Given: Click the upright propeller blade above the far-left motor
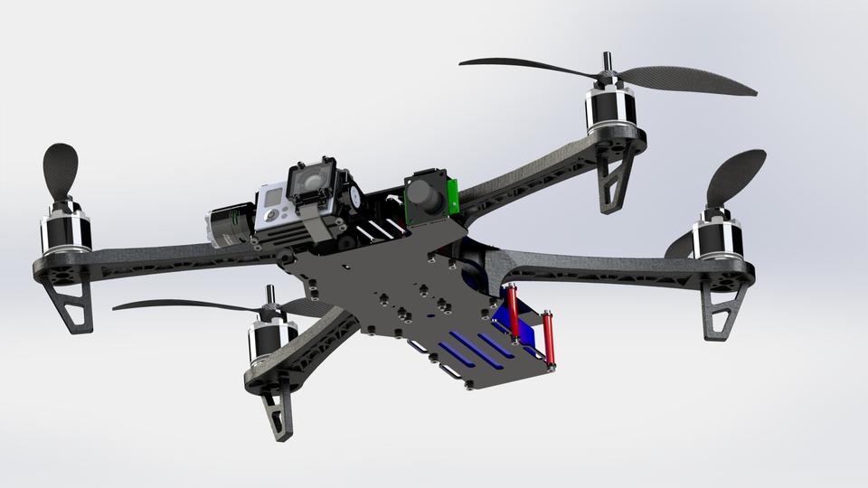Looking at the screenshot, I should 60,172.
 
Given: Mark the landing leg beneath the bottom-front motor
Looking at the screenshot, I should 277,410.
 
